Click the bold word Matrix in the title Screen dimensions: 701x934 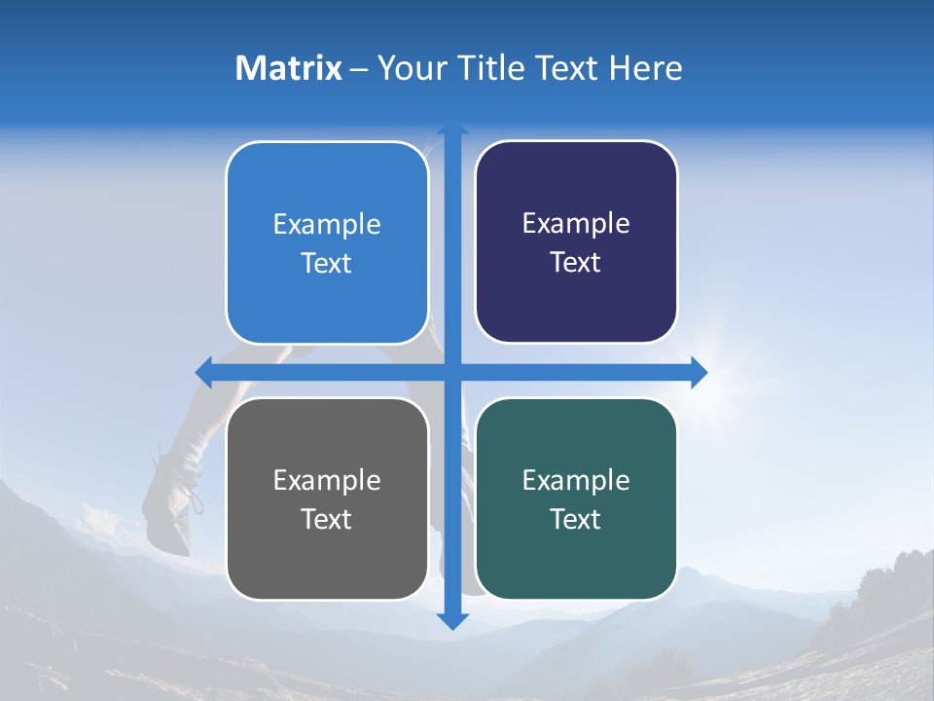tap(288, 68)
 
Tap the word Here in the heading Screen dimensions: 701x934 tap(645, 68)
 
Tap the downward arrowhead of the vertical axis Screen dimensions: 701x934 tap(451, 621)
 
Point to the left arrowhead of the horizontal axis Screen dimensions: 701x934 tap(203, 372)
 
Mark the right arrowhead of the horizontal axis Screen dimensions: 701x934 tap(699, 372)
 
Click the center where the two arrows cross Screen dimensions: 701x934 tap(451, 372)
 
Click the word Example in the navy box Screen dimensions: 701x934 tap(576, 223)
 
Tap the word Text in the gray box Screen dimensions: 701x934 tap(326, 519)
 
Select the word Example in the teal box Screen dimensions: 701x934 tap(576, 480)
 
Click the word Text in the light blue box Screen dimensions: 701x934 tap(326, 263)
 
